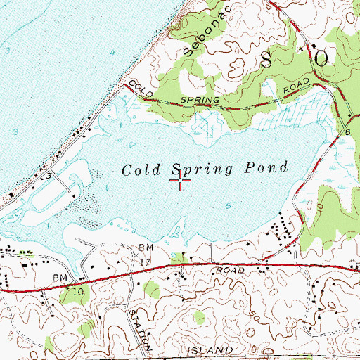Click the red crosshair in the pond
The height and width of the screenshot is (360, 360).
pyautogui.click(x=181, y=181)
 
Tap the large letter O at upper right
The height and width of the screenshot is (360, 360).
pyautogui.click(x=322, y=59)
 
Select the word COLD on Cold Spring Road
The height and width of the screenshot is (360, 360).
pyautogui.click(x=141, y=89)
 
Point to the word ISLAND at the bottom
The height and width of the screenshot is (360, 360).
pyautogui.click(x=209, y=349)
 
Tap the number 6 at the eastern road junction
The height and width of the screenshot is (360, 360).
pyautogui.click(x=347, y=131)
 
